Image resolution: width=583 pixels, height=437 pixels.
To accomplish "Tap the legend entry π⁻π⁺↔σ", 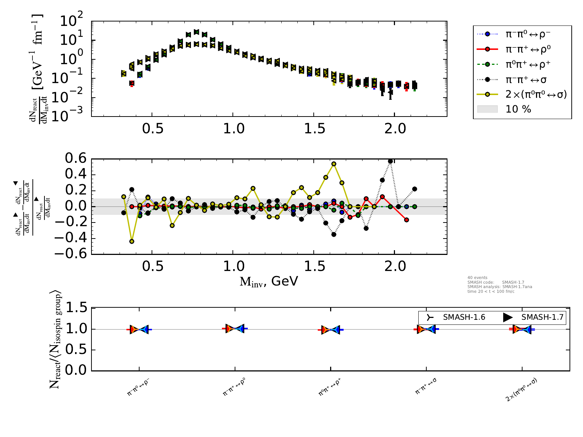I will coord(526,79).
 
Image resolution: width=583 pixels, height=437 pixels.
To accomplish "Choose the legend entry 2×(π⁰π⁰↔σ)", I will coord(536,95).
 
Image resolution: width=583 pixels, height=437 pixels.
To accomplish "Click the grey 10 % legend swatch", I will coord(487,109).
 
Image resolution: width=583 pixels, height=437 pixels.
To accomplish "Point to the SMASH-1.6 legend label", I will coord(464,317).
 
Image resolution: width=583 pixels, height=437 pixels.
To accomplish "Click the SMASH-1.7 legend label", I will coord(542,317).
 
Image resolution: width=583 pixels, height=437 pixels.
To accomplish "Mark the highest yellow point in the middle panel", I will coord(334,164).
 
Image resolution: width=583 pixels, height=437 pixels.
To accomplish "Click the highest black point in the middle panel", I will coord(390,161).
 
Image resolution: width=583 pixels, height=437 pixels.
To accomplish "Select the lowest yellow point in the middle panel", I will coord(132,241).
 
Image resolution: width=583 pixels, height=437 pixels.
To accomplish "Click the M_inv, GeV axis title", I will coord(269,281).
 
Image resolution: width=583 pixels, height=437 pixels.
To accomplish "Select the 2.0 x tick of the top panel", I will coord(395,129).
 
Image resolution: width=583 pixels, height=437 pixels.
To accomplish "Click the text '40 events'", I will coord(477,277).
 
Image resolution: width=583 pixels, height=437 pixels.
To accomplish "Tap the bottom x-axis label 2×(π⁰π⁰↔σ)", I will coord(521,390).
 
